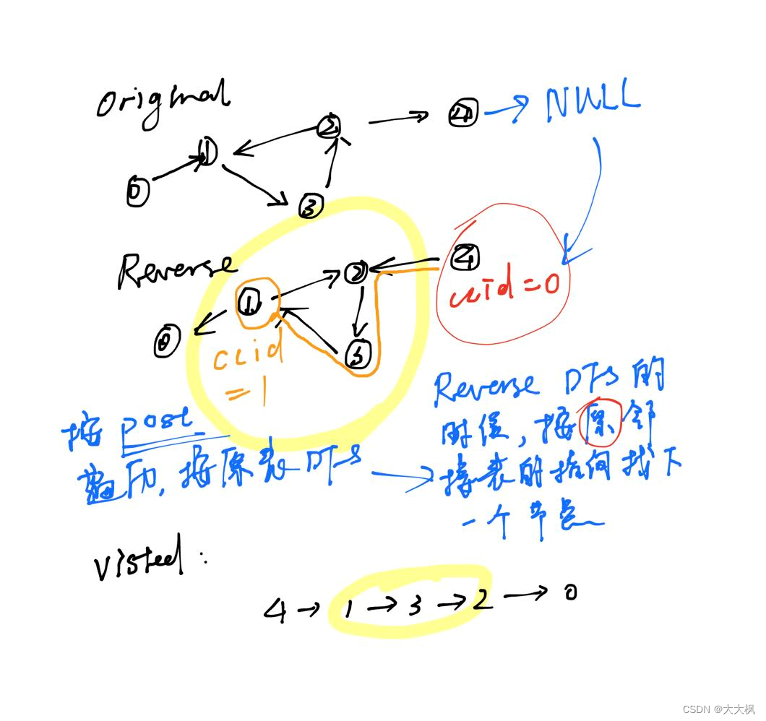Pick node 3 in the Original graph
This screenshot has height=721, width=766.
pyautogui.click(x=310, y=207)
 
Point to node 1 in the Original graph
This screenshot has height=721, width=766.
pyautogui.click(x=207, y=152)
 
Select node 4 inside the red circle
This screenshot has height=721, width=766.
pyautogui.click(x=465, y=256)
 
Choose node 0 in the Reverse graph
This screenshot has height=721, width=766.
pyautogui.click(x=168, y=342)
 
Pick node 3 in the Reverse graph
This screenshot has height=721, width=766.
pyautogui.click(x=358, y=355)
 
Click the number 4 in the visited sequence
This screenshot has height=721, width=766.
pyautogui.click(x=275, y=611)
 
